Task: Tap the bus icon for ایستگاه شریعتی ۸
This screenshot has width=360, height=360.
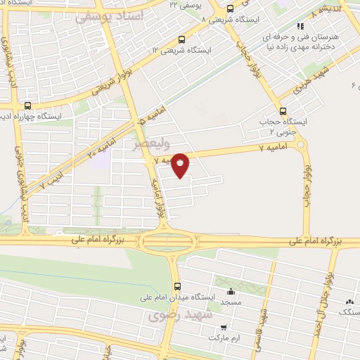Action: click(231, 9)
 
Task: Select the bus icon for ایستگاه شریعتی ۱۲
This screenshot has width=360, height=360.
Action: click(182, 39)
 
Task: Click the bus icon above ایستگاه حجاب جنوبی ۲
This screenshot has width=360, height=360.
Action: click(283, 110)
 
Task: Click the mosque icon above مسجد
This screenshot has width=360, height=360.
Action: click(231, 292)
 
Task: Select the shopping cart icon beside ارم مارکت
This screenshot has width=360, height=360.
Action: click(224, 327)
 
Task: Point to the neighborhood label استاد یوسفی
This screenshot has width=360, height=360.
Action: click(108, 15)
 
